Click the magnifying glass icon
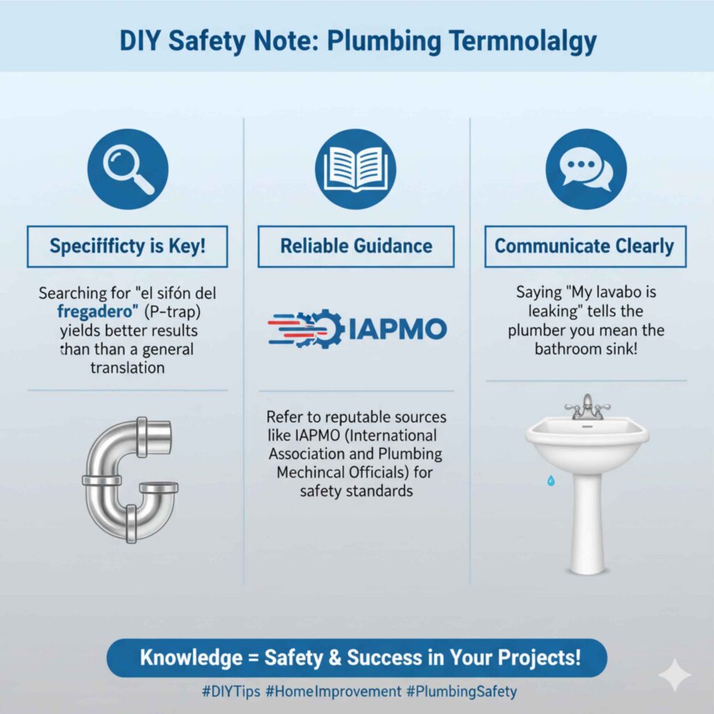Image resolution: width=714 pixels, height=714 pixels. pyautogui.click(x=128, y=169)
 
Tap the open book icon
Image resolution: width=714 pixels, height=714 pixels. pyautogui.click(x=356, y=169)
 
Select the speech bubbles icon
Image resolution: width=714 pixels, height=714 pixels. pyautogui.click(x=585, y=169)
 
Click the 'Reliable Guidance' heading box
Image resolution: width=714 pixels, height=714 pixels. pyautogui.click(x=356, y=245)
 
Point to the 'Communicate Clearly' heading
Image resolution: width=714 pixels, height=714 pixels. pyautogui.click(x=584, y=245)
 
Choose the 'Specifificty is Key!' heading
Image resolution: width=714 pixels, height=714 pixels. pyautogui.click(x=128, y=245)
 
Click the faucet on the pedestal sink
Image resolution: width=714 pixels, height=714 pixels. pyautogui.click(x=587, y=406)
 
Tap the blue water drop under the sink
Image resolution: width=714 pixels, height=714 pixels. pyautogui.click(x=551, y=480)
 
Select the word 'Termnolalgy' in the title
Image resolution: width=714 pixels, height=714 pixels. pyautogui.click(x=492, y=41)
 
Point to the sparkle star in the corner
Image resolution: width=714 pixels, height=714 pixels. pyautogui.click(x=674, y=676)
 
